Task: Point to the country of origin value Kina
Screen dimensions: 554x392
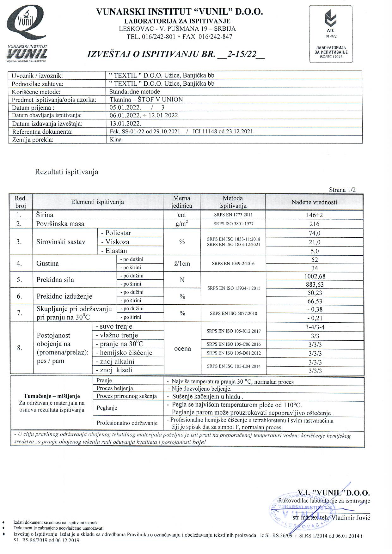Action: pos(116,139)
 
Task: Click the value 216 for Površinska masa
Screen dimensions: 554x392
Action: pos(314,224)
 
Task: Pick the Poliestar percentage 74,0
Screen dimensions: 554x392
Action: pos(314,233)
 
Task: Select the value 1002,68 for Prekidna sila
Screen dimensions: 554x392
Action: pos(314,276)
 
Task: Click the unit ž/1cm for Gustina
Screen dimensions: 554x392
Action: pos(182,264)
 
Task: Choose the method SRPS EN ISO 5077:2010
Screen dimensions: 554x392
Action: pos(233,314)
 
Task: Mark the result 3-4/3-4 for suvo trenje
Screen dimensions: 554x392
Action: pos(314,327)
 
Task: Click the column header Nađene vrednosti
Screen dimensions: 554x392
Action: pos(314,202)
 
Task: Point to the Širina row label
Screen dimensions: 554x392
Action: pos(45,215)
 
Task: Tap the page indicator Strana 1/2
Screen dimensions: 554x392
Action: pos(342,190)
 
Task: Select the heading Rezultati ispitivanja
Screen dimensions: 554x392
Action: pos(67,172)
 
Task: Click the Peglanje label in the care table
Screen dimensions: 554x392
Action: pos(107,408)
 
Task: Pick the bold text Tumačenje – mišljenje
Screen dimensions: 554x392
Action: pos(52,396)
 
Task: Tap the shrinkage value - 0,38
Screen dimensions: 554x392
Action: pos(314,309)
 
